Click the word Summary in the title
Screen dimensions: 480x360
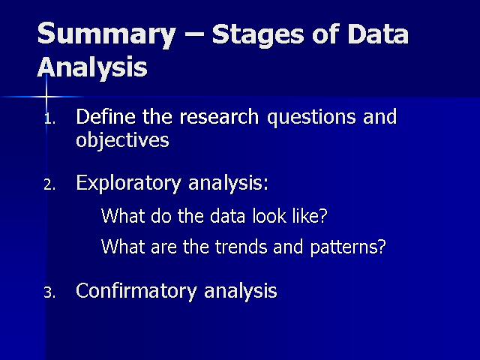pos(106,35)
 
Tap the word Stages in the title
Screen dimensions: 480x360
pos(258,35)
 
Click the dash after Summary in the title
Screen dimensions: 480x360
pos(194,34)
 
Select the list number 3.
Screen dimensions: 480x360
pos(49,292)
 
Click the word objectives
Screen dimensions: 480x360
pos(122,141)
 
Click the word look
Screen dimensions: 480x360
pos(269,215)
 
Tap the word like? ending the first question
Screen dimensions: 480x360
pos(310,215)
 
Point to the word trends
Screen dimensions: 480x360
pos(241,247)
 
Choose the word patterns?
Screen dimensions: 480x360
pos(348,248)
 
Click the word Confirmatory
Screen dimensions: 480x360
pos(136,291)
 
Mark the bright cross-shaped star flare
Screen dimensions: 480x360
pos(46,97)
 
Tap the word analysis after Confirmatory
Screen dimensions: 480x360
pos(241,292)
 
